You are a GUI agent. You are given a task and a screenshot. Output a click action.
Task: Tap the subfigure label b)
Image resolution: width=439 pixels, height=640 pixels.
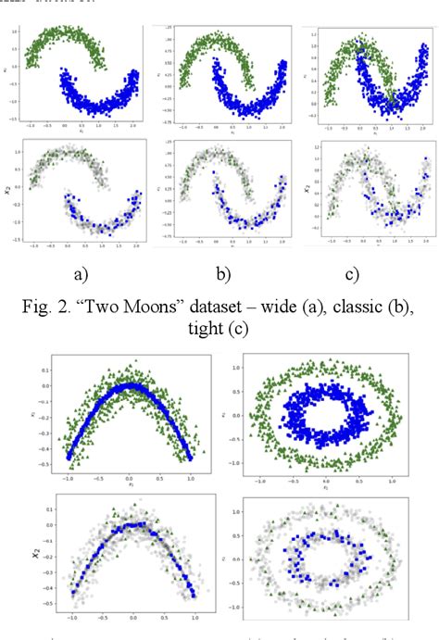point(224,274)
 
